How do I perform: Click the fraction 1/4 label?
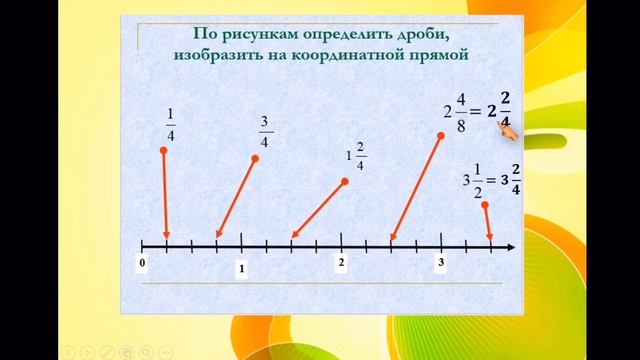point(170,131)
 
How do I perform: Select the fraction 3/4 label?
point(265,131)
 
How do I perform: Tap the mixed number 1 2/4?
point(355,158)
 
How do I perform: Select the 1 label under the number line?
point(241,268)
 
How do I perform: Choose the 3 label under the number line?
point(440,262)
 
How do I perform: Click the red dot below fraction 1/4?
point(163,151)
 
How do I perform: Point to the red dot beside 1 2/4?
point(345,181)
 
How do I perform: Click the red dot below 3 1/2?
point(484,205)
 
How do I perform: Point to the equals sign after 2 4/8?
point(476,111)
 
